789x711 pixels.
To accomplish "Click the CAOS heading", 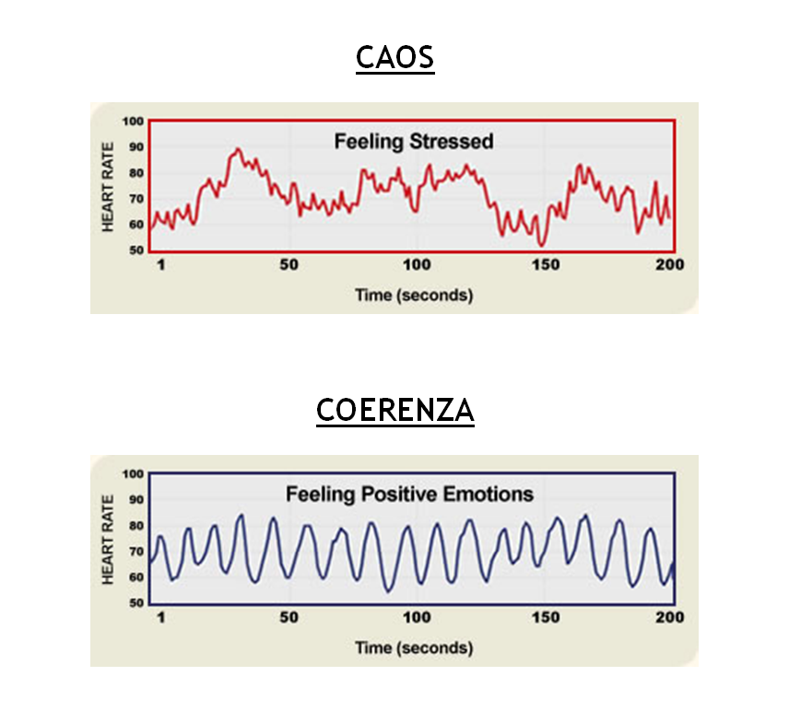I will pyautogui.click(x=394, y=58).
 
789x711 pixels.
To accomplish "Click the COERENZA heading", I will pyautogui.click(x=394, y=410).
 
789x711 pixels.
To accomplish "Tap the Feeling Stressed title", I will pyautogui.click(x=413, y=142).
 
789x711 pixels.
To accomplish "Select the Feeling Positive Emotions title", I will pyautogui.click(x=409, y=494).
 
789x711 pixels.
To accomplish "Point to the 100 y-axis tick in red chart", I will pyautogui.click(x=135, y=121).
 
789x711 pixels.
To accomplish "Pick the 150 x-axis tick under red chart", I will pyautogui.click(x=544, y=265).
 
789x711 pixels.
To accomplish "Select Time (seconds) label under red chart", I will pyautogui.click(x=414, y=296).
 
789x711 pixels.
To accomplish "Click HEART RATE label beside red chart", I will pyautogui.click(x=108, y=185).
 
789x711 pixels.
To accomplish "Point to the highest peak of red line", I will pyautogui.click(x=238, y=148).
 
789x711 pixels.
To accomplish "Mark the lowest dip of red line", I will pyautogui.click(x=541, y=245).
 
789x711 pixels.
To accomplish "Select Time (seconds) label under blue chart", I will pyautogui.click(x=414, y=648).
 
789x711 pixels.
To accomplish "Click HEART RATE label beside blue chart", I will pyautogui.click(x=108, y=538).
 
